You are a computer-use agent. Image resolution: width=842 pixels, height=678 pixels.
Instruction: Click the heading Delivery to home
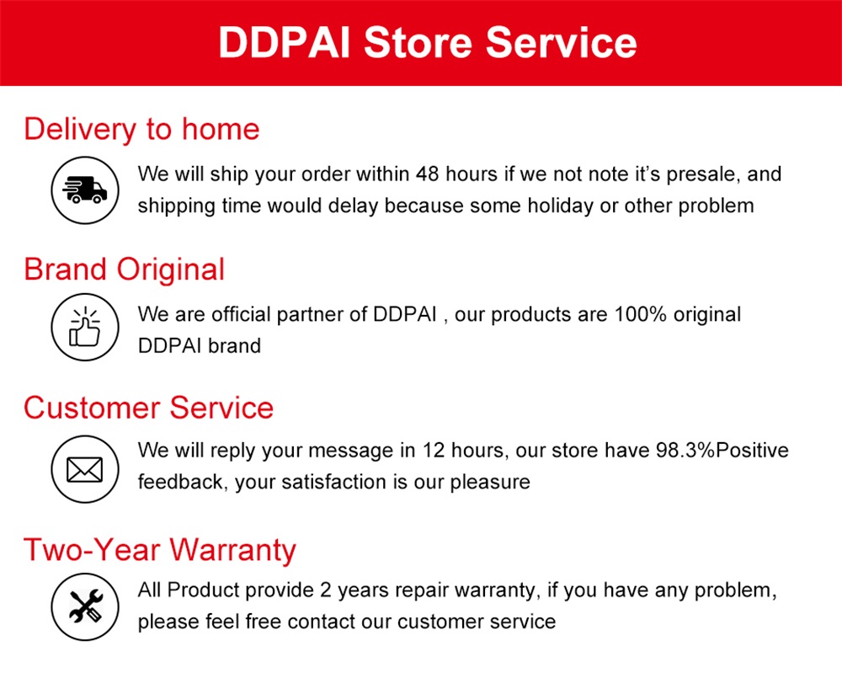[141, 130]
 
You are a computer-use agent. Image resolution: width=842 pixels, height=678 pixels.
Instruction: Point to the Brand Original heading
[125, 270]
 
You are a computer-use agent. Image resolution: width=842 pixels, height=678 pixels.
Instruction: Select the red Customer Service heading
[148, 408]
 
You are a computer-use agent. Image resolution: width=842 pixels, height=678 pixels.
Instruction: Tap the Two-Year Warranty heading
[160, 550]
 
